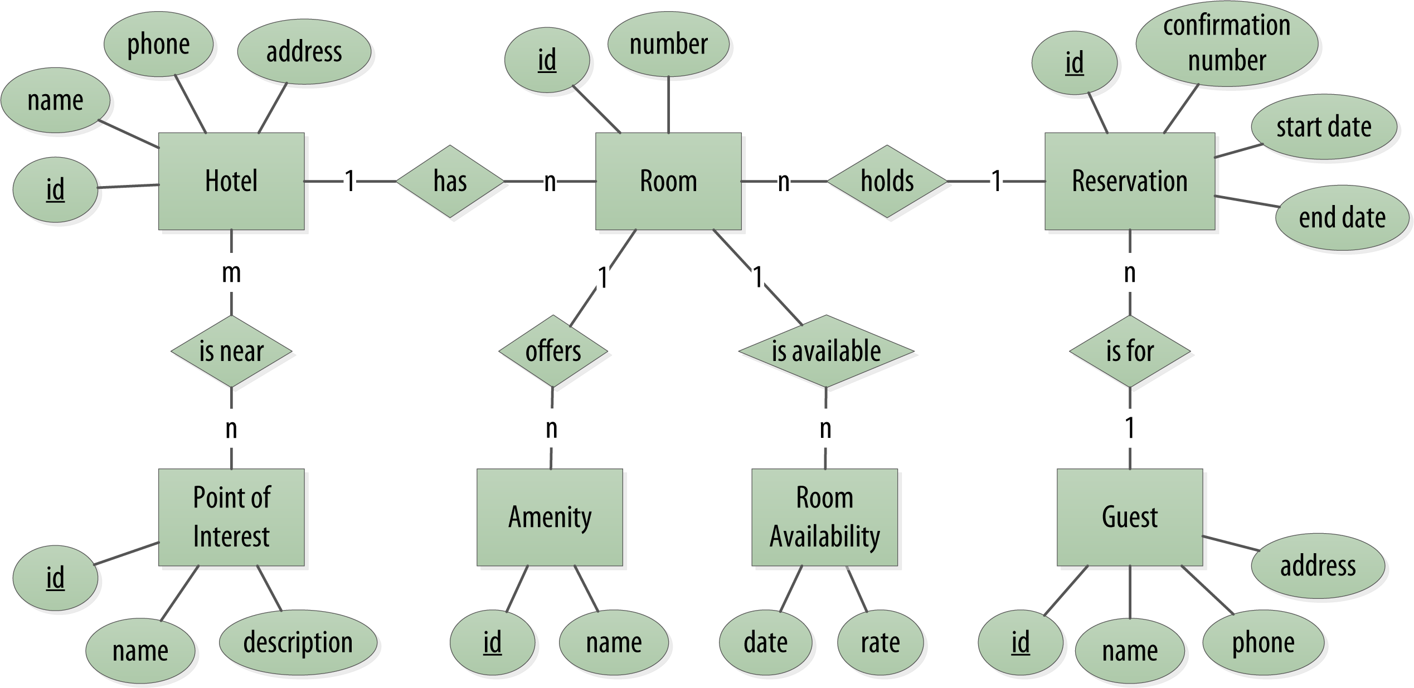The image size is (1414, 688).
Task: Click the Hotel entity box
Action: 231,181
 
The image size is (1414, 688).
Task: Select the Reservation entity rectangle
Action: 1129,181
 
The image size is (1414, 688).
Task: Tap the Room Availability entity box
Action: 824,517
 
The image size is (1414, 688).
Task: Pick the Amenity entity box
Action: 550,517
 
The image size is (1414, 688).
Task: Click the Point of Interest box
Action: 231,517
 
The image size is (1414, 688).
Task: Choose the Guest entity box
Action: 1129,517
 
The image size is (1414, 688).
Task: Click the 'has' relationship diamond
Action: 450,181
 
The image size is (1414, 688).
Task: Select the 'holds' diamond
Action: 887,181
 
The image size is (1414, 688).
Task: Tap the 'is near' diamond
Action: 231,352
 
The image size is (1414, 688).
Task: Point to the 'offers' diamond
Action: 553,352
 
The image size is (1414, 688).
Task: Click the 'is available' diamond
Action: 826,352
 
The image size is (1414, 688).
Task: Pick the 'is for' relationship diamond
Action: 1130,352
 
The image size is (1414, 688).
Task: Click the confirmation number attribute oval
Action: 1227,43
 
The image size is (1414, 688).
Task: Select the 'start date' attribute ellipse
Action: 1324,127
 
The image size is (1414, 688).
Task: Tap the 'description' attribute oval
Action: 298,642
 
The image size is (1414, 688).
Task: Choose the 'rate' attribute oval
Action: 880,643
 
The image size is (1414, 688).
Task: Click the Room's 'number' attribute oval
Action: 668,44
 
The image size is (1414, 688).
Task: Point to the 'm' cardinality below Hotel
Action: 231,274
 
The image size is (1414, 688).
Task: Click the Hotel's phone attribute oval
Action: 158,44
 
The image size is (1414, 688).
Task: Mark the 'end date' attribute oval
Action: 1342,218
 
